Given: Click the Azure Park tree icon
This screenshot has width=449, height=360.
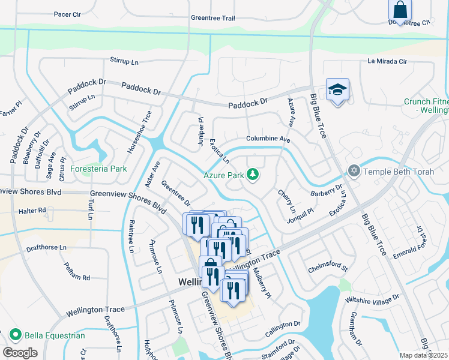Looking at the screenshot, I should (253, 175).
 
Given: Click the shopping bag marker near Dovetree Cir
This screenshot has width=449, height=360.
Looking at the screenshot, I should (400, 10).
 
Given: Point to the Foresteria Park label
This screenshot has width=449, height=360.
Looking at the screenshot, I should (99, 169).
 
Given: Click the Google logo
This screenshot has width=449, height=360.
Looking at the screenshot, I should (20, 353).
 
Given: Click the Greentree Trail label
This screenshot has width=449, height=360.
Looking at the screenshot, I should (212, 18).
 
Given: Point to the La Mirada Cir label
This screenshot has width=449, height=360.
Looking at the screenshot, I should (387, 61).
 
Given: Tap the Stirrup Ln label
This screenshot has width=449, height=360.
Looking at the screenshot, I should (124, 61).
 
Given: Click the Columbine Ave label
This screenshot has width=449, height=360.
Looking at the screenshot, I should (268, 139).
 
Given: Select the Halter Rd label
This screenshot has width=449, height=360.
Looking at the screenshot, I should (32, 211).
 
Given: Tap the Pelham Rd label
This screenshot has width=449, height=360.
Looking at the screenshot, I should (77, 278).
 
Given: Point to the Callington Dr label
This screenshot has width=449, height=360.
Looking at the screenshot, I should (282, 323).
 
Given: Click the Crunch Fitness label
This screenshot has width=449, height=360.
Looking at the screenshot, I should (427, 106).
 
